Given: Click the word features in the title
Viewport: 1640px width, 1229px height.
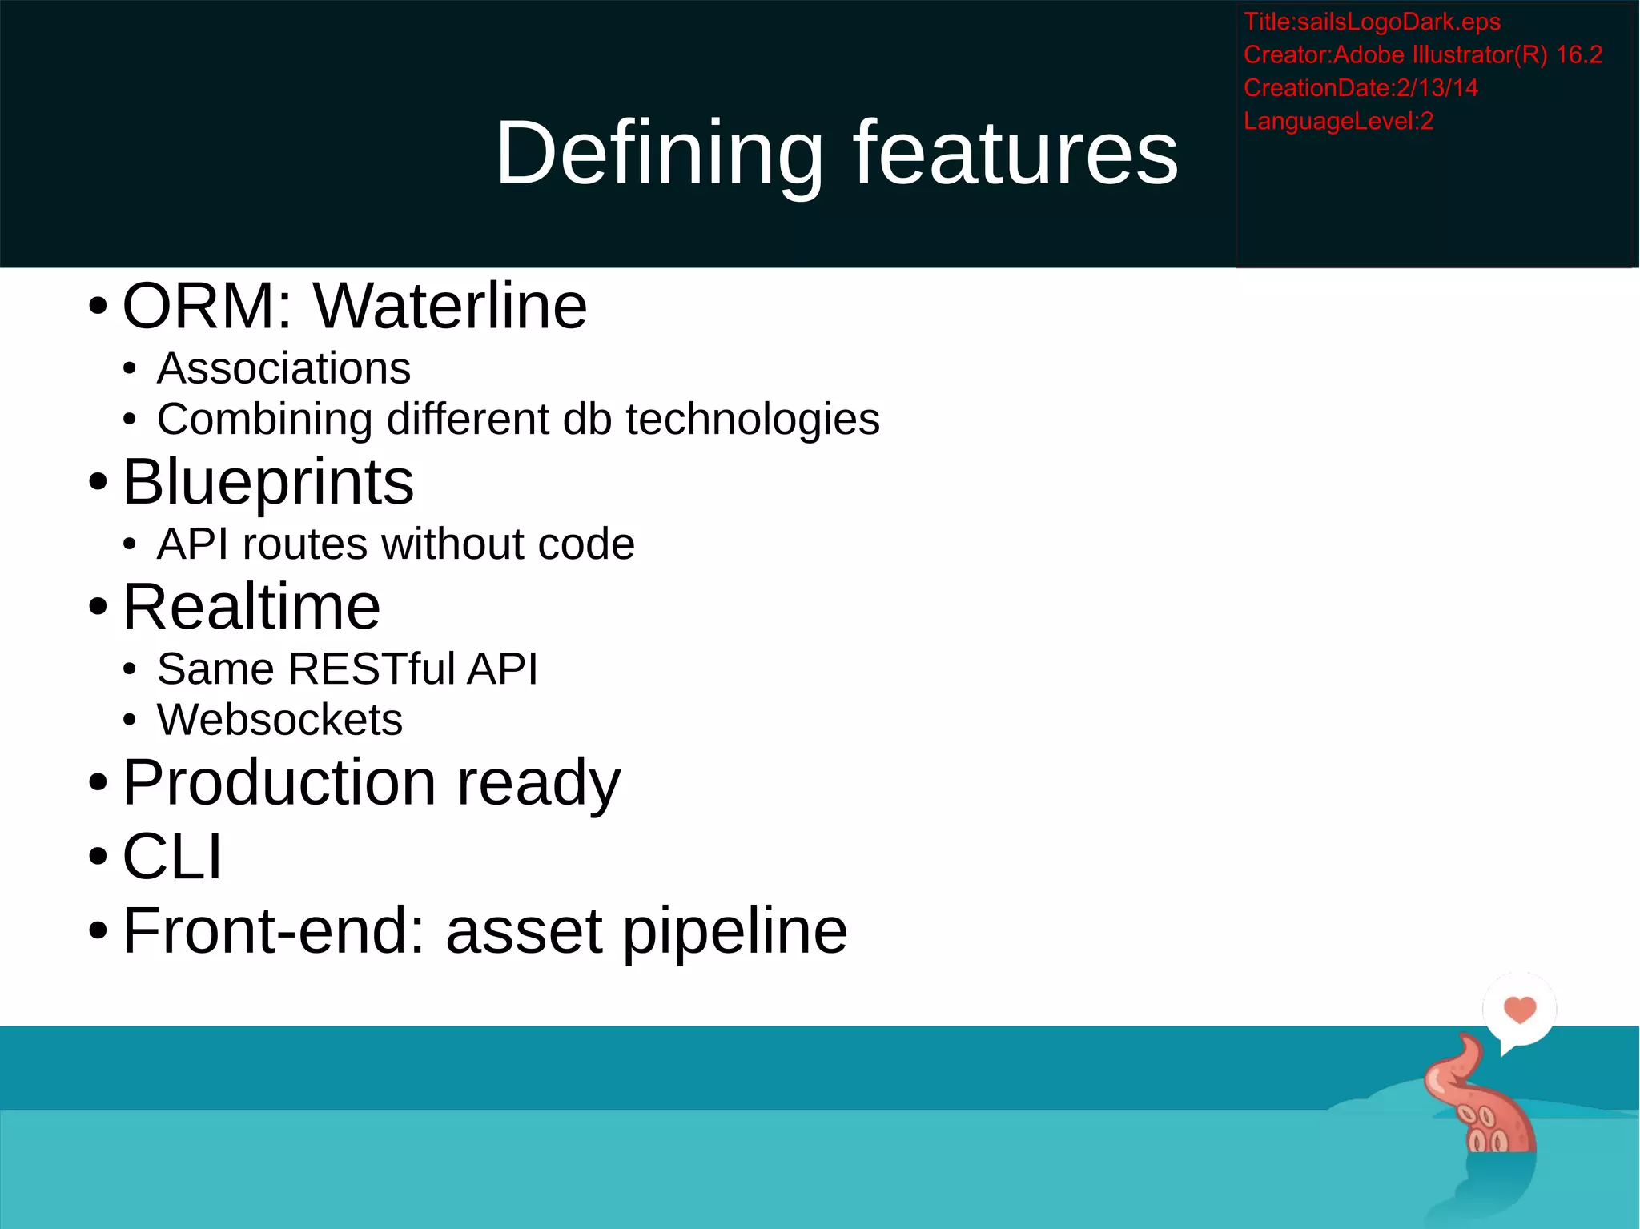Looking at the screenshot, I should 1015,152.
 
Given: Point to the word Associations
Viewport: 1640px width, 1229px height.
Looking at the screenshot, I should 283,369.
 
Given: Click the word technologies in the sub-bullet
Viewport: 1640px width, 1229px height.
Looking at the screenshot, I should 752,420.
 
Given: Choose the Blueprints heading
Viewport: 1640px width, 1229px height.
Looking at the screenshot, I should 267,483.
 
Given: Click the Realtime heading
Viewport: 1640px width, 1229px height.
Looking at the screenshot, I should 251,607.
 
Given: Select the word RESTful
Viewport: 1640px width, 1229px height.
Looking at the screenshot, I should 372,669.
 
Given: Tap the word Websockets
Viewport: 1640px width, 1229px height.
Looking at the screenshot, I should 279,720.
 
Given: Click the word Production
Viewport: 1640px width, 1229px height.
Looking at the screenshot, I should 279,782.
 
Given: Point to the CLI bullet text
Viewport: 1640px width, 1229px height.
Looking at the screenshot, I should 171,857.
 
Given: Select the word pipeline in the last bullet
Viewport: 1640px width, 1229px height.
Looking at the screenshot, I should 734,931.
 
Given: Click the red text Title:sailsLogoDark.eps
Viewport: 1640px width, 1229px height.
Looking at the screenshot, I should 1371,22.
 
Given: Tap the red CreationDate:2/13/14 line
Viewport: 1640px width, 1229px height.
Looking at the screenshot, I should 1360,88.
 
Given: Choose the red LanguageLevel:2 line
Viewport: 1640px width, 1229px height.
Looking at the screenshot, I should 1337,122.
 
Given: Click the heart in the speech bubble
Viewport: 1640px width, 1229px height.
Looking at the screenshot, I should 1519,1009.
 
